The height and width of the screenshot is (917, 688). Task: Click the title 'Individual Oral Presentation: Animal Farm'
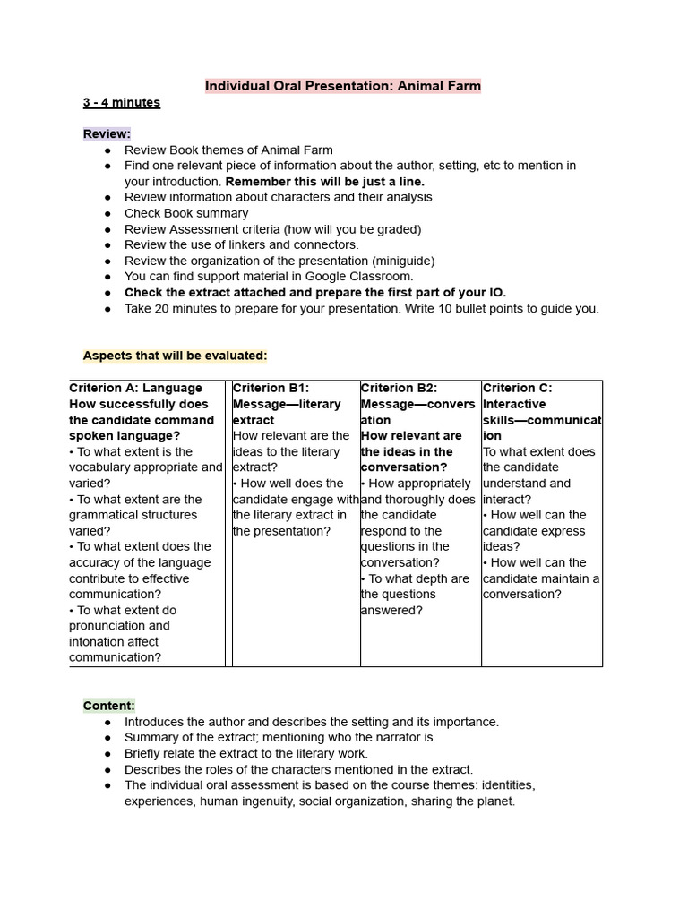tap(343, 86)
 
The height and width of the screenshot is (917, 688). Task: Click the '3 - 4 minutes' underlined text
tap(122, 102)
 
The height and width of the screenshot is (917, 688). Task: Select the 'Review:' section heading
tap(107, 133)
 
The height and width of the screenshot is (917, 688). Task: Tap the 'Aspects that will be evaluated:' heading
tap(175, 356)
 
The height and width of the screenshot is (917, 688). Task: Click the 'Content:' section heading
tap(109, 706)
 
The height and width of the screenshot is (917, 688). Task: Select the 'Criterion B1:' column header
tap(271, 388)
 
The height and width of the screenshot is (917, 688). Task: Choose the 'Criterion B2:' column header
tap(399, 388)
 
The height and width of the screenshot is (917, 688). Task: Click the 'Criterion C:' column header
tap(518, 388)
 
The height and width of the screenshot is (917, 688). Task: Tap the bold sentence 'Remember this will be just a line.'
tap(325, 181)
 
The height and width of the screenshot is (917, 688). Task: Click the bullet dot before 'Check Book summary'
tap(107, 213)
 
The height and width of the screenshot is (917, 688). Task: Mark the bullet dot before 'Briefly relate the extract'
tap(107, 754)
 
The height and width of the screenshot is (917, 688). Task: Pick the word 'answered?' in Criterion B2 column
tap(391, 610)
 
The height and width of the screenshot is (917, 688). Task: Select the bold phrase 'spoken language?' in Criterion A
tap(125, 436)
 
